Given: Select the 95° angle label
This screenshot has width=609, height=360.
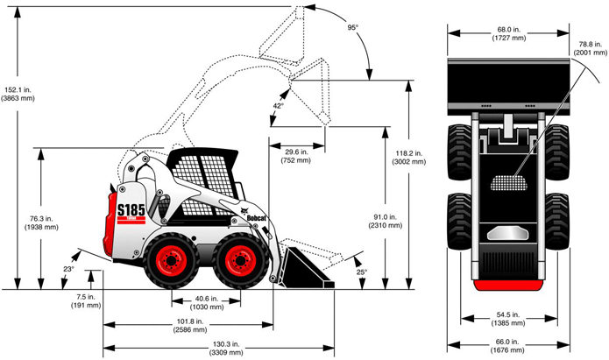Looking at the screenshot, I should pos(352,27).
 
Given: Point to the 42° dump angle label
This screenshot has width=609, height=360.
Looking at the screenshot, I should pos(279,105).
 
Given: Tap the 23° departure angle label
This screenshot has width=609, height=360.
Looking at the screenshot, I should pos(68,269).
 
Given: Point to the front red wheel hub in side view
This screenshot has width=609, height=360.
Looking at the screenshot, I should pos(237,259).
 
